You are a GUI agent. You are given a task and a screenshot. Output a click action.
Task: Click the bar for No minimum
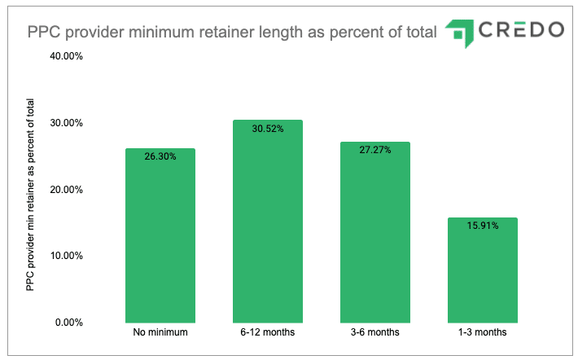tap(160, 235)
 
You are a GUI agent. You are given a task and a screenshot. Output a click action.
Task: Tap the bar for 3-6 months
tap(375, 232)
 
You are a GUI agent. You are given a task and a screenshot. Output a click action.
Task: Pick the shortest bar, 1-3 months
tap(483, 270)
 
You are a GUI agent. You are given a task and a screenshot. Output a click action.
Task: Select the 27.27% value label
tap(375, 150)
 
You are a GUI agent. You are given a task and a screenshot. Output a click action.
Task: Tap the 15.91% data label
tap(483, 226)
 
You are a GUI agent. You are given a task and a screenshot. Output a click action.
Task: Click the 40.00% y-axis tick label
tap(67, 57)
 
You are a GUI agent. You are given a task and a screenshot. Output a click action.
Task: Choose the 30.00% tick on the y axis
tap(67, 123)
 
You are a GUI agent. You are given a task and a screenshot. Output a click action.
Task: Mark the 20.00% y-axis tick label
tap(67, 190)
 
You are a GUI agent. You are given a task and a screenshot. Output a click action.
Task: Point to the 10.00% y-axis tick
tap(67, 256)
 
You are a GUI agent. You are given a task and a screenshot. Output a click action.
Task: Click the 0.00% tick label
tap(69, 323)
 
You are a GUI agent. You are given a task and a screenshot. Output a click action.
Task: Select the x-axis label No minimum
tap(160, 333)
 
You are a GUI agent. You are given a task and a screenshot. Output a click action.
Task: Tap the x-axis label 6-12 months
tap(268, 333)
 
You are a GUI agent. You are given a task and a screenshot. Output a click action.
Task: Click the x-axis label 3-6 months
tap(375, 333)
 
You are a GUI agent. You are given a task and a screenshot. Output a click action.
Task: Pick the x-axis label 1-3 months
tap(483, 333)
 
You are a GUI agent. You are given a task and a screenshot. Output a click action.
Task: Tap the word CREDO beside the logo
tap(521, 30)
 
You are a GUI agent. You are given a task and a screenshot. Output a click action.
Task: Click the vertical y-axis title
tap(30, 195)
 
